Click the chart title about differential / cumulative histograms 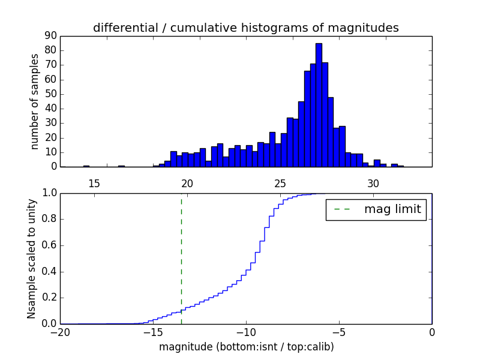click(x=245, y=28)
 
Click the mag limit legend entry click(x=376, y=209)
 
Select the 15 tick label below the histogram click(x=94, y=182)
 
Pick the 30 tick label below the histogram click(x=373, y=182)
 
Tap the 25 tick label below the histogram click(x=280, y=182)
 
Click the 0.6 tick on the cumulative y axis click(x=49, y=245)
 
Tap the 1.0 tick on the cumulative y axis click(x=49, y=193)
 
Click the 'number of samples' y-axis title click(x=35, y=101)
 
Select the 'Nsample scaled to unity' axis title click(x=31, y=259)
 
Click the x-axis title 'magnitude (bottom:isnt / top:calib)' click(x=246, y=347)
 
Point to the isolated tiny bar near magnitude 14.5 click(x=86, y=166)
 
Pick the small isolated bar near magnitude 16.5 click(x=121, y=166)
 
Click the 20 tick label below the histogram click(x=187, y=182)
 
